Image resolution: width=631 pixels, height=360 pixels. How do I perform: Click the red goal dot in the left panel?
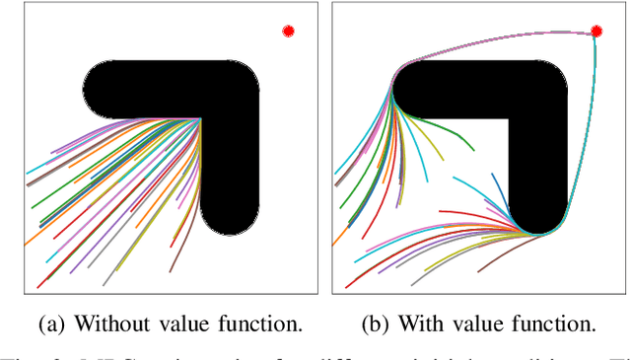[x=288, y=32]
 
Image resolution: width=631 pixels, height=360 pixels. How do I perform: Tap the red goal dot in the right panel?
[x=596, y=32]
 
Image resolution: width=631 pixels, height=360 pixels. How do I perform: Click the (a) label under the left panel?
[x=52, y=323]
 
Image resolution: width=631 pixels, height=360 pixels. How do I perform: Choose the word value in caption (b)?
[x=483, y=323]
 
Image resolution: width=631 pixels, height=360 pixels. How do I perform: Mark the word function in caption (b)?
[x=559, y=323]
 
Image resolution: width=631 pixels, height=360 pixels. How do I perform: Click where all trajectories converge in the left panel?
[x=201, y=120]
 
